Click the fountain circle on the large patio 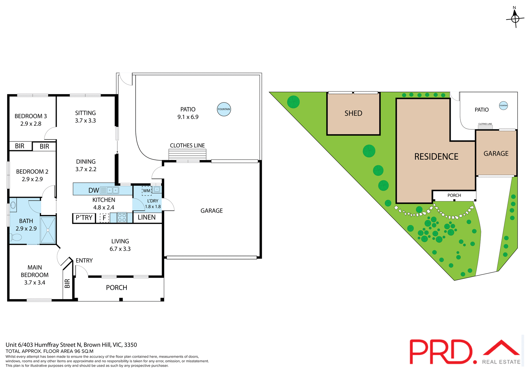[x=224, y=109]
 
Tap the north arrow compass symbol [x=515, y=18]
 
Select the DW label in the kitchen [x=94, y=190]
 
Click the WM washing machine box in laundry [x=147, y=191]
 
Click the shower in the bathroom [x=48, y=230]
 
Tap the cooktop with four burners [x=122, y=218]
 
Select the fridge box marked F [x=104, y=218]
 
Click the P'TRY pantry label [x=84, y=218]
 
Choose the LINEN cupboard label [x=147, y=218]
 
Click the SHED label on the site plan [x=353, y=113]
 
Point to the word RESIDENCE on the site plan [x=436, y=157]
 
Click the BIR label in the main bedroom [x=67, y=283]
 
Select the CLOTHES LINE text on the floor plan [x=187, y=146]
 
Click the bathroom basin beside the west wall [x=13, y=205]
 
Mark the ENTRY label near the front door [x=84, y=260]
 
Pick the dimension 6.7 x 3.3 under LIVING [x=120, y=249]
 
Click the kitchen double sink [x=113, y=190]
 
